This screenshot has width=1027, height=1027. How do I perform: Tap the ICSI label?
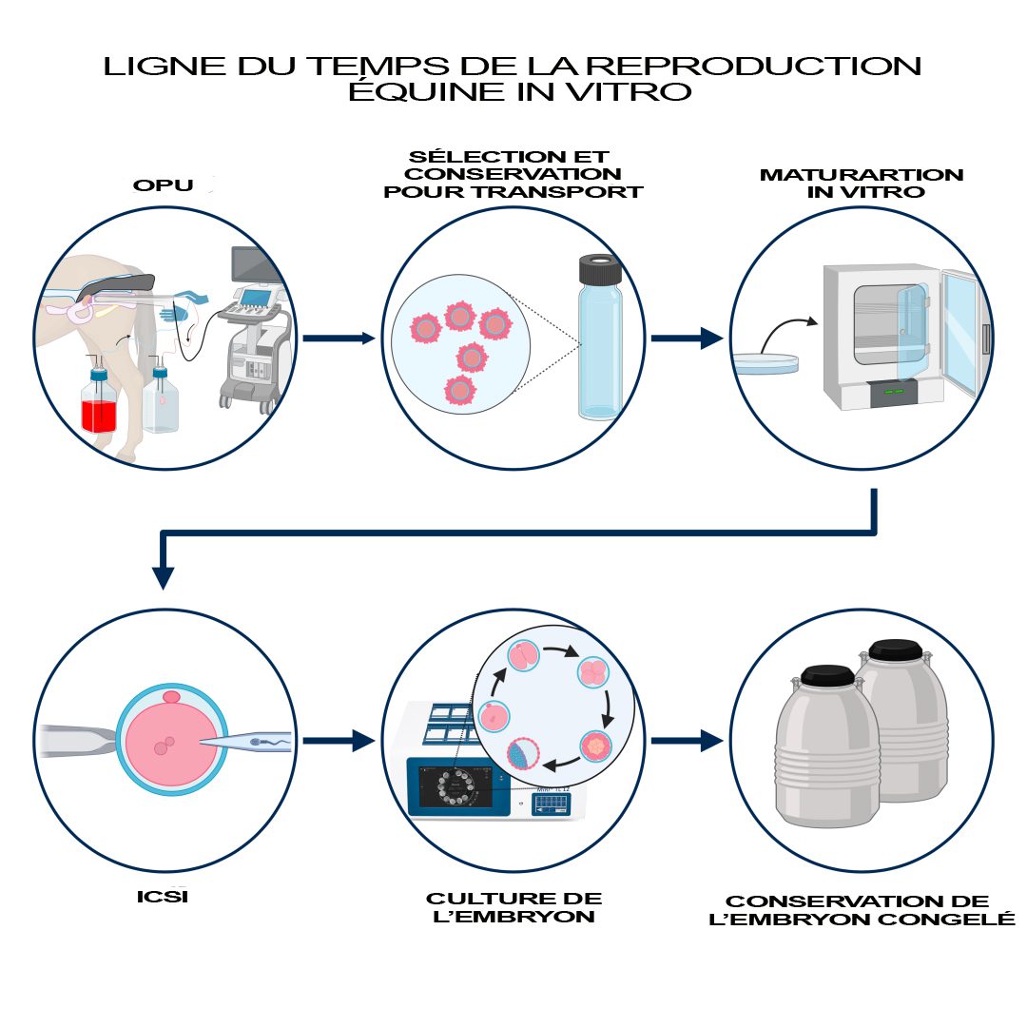pos(162,896)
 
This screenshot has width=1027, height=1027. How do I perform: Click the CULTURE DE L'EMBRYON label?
pos(513,908)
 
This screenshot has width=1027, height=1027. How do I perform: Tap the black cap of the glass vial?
pos(598,270)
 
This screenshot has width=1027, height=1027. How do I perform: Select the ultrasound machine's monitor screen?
pos(252,263)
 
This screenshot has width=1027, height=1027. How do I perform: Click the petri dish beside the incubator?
pos(765,361)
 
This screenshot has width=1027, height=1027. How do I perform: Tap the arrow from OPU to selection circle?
pos(339,338)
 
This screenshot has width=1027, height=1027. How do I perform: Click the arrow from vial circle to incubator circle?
pos(687,338)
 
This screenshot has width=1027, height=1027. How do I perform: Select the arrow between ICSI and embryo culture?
pos(339,740)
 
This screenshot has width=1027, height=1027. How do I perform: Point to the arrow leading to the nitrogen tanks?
pos(687,740)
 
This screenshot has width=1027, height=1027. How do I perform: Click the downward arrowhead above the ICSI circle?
pos(164,576)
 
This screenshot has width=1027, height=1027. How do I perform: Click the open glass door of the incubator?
pos(960,333)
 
